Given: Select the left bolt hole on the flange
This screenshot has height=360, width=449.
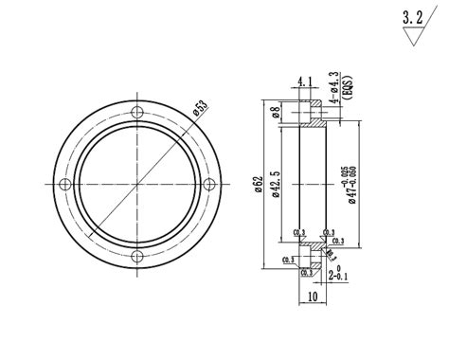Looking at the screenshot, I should point(65,184).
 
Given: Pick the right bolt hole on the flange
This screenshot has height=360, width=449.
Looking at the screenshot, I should point(210,184).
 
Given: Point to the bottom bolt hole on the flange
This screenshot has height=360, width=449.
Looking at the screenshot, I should point(138,257).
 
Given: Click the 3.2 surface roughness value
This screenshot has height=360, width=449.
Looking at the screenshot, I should point(412,17).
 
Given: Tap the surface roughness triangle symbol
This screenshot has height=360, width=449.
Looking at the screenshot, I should point(413,38).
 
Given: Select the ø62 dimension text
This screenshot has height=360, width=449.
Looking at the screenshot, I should point(258,184).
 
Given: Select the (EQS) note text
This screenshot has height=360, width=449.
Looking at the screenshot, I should point(346,86).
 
